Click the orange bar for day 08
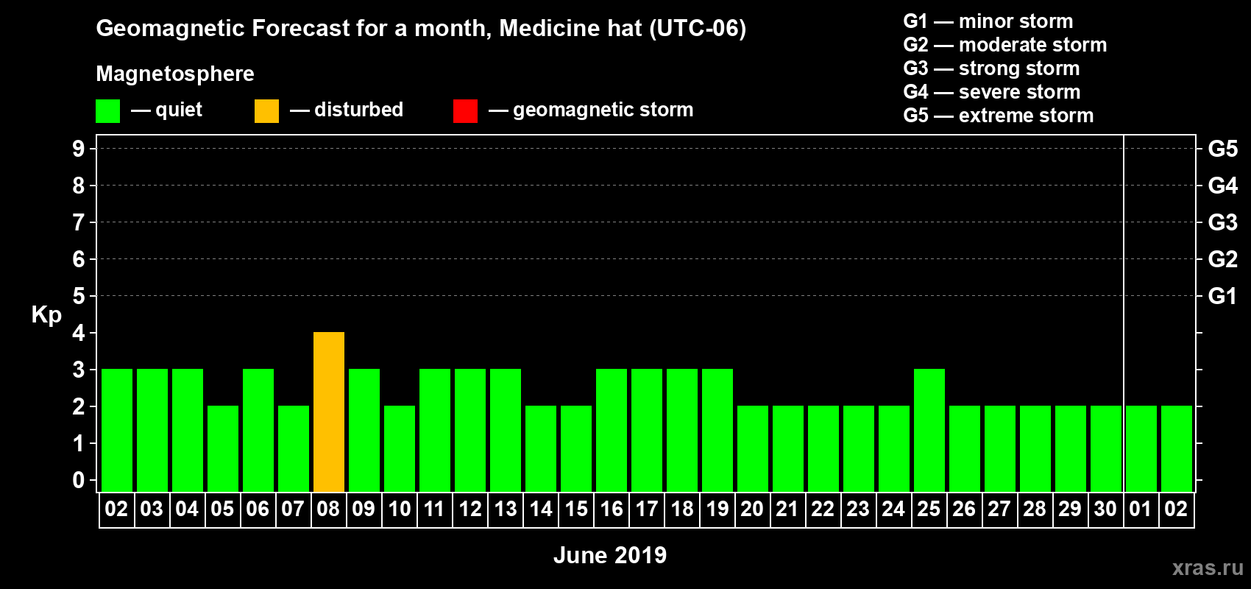tap(329, 412)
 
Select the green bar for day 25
tap(929, 430)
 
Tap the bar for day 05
tap(223, 448)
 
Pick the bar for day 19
tap(717, 430)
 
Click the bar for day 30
tap(1106, 448)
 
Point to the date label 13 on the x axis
tap(506, 509)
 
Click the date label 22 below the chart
tap(823, 509)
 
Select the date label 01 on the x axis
tap(1140, 509)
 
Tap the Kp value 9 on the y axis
tap(78, 149)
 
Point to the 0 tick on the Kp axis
tap(78, 480)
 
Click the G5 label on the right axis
tap(1222, 149)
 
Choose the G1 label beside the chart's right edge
tap(1222, 296)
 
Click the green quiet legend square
tap(108, 111)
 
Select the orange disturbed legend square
tap(266, 111)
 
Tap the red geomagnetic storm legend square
tap(465, 111)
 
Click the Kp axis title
tap(46, 314)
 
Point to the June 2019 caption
tap(609, 555)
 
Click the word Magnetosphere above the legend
tap(175, 74)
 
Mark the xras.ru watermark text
tap(1207, 568)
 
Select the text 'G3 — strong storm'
tap(991, 68)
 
